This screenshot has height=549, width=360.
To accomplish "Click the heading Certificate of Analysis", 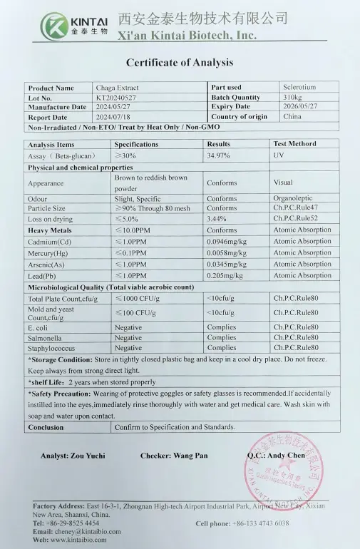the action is tap(179, 63).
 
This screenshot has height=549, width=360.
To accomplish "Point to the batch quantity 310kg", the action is tap(292, 97).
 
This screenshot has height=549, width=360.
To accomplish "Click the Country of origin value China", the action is tap(292, 116).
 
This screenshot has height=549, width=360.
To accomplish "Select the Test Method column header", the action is tap(294, 144).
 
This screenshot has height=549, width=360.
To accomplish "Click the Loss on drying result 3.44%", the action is tap(216, 219).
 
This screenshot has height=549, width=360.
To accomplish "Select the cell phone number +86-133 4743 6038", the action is tap(262, 523).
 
